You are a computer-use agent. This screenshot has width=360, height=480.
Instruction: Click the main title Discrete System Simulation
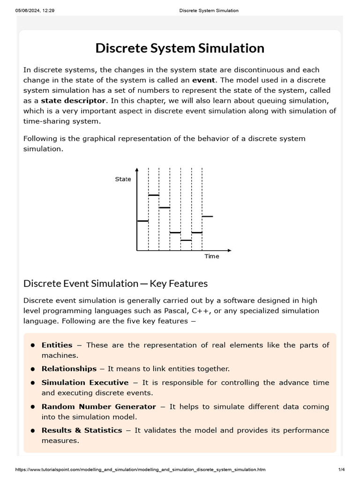click(180, 48)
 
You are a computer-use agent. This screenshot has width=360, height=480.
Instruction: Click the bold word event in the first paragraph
click(203, 80)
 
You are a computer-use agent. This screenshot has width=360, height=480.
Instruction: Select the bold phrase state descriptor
click(73, 100)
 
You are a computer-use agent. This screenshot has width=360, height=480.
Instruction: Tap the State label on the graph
click(123, 180)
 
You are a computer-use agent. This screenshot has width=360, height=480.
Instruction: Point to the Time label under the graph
click(211, 256)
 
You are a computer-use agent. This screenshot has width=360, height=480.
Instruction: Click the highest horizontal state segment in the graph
click(154, 195)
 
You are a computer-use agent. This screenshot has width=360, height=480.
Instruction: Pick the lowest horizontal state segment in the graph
click(186, 240)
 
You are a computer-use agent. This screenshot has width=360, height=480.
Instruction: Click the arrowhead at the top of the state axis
click(137, 169)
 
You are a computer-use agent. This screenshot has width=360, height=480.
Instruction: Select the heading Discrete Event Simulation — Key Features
click(115, 284)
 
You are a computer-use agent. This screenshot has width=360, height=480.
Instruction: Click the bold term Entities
click(57, 345)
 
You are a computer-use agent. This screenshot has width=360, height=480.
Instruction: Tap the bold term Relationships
click(69, 369)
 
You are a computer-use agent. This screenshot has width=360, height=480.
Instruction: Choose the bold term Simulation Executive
click(85, 382)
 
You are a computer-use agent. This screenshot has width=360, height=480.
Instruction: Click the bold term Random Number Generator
click(98, 406)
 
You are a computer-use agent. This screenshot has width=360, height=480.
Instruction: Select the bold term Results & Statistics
click(82, 430)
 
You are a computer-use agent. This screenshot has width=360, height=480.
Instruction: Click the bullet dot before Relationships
click(33, 369)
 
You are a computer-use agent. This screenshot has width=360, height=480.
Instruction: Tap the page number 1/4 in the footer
click(341, 469)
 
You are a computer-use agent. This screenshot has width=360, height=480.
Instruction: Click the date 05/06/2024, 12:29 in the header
click(35, 11)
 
